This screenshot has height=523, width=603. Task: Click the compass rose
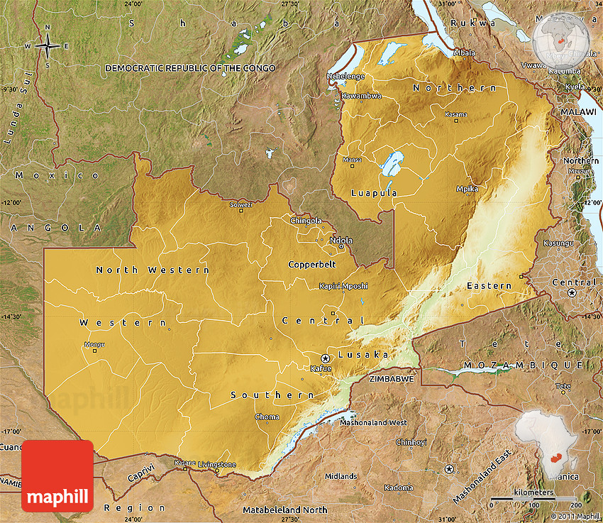[48, 45]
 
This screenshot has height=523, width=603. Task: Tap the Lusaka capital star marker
[326, 358]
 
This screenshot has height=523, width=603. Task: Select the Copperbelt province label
[311, 264]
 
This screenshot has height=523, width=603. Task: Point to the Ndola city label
[341, 240]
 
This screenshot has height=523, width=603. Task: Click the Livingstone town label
[217, 464]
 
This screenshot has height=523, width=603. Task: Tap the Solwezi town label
[240, 204]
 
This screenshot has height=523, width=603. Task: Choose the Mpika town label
[467, 189]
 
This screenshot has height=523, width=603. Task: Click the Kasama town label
[455, 114]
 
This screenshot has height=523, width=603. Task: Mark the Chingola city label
[306, 221]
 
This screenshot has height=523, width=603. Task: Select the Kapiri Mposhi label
[343, 286]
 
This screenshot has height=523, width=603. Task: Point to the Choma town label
[267, 417]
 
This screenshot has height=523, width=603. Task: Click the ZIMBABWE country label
[392, 379]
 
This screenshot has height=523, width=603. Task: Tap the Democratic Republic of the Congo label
[190, 67]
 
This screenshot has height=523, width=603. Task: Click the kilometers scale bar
[535, 499]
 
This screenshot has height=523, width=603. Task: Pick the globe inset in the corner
[562, 41]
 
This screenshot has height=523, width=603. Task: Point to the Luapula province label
[374, 192]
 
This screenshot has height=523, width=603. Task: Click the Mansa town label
[352, 160]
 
